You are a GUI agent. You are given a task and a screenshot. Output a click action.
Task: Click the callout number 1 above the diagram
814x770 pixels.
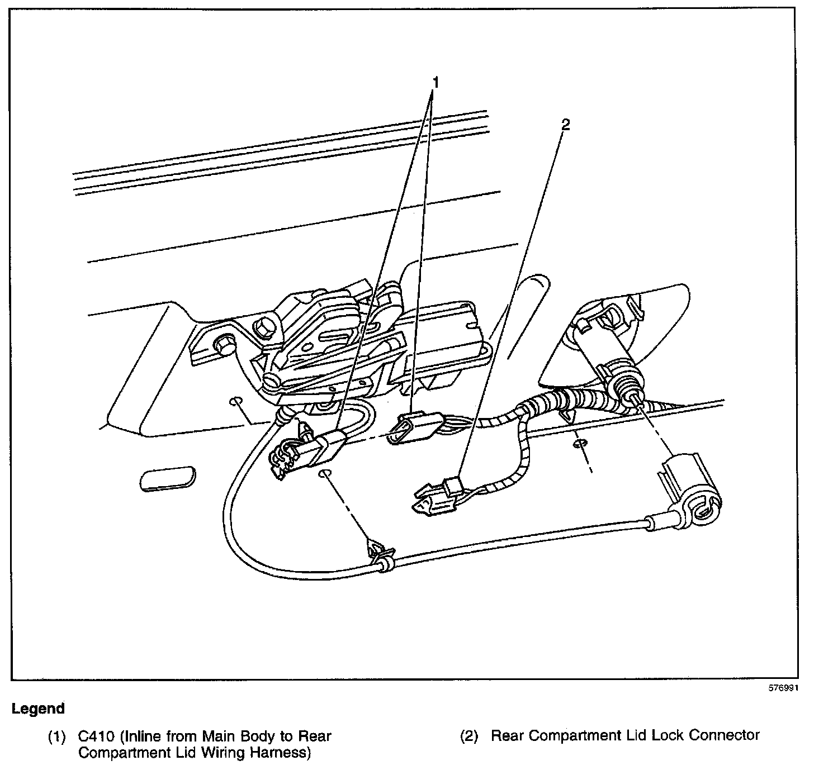coord(435,83)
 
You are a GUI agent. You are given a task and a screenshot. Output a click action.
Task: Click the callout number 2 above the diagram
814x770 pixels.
coord(565,125)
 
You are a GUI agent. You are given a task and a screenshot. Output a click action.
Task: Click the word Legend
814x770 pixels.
coord(38,709)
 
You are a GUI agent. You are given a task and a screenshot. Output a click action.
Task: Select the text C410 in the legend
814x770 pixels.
coord(97,736)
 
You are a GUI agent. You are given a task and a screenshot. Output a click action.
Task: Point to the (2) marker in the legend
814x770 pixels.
coord(469,736)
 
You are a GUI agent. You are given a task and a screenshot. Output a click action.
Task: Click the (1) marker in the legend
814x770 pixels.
coord(57,736)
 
